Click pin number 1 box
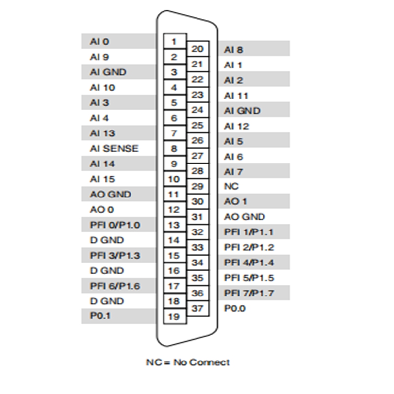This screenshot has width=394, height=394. coord(175,41)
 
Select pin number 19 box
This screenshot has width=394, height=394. coord(175,316)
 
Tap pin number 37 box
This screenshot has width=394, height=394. coord(198,308)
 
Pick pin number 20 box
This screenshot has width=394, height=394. coord(198,49)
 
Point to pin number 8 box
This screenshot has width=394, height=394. coord(175,148)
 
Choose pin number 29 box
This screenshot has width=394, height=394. coord(198,186)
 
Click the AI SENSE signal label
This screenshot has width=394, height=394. coord(114,149)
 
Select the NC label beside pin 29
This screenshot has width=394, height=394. coord(231,186)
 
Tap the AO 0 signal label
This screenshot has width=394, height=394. coord(102,210)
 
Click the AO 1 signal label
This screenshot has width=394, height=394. coord(235,201)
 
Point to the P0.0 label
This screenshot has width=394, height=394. coord(235,308)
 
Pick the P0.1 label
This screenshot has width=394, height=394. coord(100,316)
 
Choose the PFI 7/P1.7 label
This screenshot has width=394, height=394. coord(249,293)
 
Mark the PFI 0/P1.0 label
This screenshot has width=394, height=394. coord(115,225)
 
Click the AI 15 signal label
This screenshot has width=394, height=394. coord(102,179)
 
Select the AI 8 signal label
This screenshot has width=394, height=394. coord(233,50)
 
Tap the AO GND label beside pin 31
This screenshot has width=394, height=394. coord(244,217)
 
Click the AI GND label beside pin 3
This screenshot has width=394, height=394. coord(108,72)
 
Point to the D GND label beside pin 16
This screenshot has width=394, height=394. coord(107,270)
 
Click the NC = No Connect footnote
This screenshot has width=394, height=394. coord(188,362)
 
